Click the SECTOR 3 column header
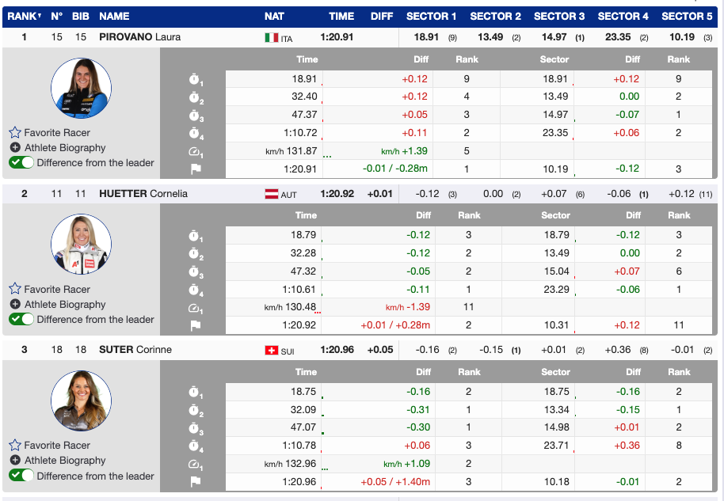[x=559, y=16]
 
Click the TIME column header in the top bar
[x=341, y=16]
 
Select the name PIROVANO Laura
[x=140, y=37]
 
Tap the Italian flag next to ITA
[x=272, y=37]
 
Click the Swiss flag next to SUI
[x=272, y=350]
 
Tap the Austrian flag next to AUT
[x=272, y=194]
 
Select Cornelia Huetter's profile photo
[x=81, y=245]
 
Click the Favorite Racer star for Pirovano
[x=15, y=133]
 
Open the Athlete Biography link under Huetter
[x=65, y=305]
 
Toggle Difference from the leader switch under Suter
[x=21, y=476]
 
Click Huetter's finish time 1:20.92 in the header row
[x=337, y=194]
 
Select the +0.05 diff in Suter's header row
[x=380, y=350]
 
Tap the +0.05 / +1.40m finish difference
[x=395, y=481]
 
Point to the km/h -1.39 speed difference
[x=407, y=307]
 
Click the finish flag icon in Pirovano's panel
[x=195, y=169]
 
